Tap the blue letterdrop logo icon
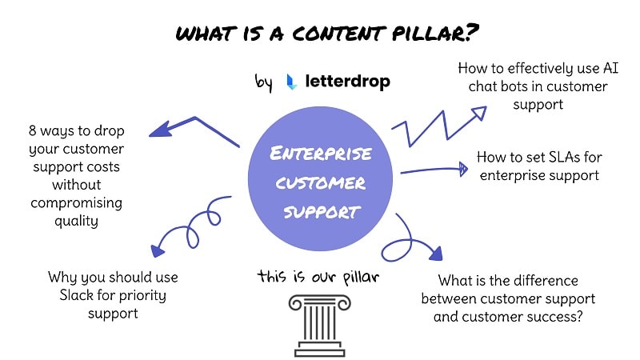(x=292, y=82)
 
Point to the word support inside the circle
(x=320, y=213)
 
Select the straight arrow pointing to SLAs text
(x=432, y=170)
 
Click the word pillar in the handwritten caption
(x=358, y=276)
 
